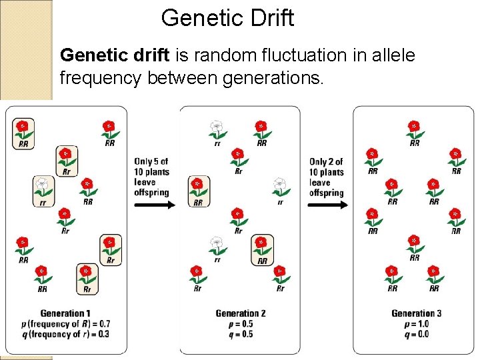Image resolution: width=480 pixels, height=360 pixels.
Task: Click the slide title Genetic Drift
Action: point(227,18)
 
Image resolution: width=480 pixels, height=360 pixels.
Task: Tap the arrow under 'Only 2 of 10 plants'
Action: point(328,205)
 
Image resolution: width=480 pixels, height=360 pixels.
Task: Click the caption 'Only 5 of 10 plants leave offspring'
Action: point(151,177)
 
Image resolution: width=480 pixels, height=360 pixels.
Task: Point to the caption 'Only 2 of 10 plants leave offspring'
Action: point(326,177)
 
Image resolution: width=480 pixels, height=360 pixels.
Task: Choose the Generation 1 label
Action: point(65,313)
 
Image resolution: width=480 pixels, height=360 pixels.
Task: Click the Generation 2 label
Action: point(240,313)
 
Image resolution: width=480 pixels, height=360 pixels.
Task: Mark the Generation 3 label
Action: point(416,313)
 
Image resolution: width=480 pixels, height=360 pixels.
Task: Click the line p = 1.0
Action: point(416,324)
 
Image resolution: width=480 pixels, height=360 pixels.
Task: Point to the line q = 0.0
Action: point(416,334)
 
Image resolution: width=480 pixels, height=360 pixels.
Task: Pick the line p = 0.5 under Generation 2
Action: point(240,324)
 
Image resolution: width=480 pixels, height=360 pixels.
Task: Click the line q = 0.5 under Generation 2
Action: point(240,334)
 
